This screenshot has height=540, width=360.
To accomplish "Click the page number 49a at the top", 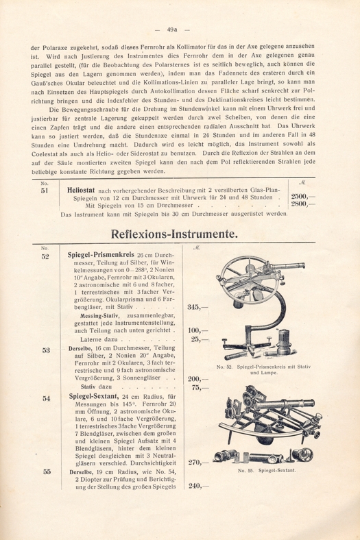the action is click(172, 29).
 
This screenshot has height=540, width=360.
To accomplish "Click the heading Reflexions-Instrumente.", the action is click(174, 234).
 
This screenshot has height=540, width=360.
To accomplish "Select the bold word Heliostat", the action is click(81, 190).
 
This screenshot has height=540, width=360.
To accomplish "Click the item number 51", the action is click(45, 191).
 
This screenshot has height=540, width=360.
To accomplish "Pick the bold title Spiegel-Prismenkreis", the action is click(101, 255).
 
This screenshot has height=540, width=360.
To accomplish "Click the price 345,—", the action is click(197, 307).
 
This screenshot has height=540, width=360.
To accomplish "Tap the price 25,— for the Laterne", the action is click(200, 340).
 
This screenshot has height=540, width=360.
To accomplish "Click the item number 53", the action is click(46, 350).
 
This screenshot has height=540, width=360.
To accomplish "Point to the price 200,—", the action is click(198, 380).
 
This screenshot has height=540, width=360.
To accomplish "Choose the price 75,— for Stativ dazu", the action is click(200, 388).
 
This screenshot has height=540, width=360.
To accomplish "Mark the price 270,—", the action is click(198, 463).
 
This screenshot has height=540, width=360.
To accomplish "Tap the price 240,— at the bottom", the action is click(198, 487).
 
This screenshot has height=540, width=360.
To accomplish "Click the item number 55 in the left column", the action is click(47, 471).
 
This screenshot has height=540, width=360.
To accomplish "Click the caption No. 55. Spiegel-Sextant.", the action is click(267, 470).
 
